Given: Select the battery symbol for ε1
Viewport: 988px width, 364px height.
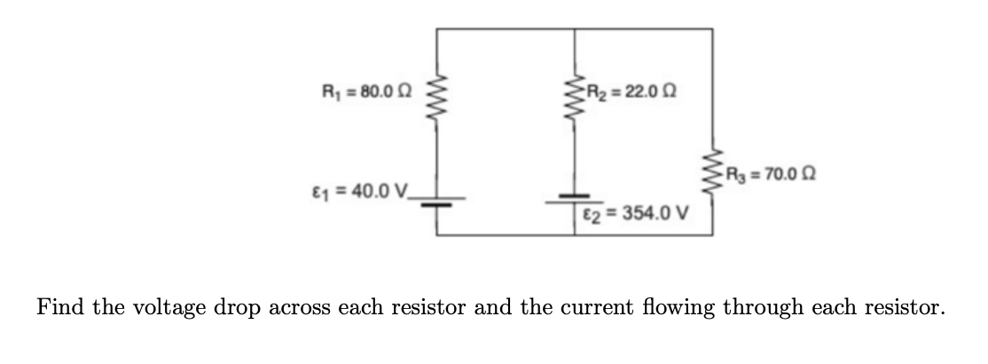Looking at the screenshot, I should click(435, 201).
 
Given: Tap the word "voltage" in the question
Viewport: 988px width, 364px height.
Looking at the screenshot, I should click(159, 308).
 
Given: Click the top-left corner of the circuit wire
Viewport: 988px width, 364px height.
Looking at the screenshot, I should click(435, 29).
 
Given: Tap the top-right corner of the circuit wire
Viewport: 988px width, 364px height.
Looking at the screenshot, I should click(713, 29).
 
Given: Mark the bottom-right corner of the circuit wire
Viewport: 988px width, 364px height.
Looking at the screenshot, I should click(713, 235).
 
